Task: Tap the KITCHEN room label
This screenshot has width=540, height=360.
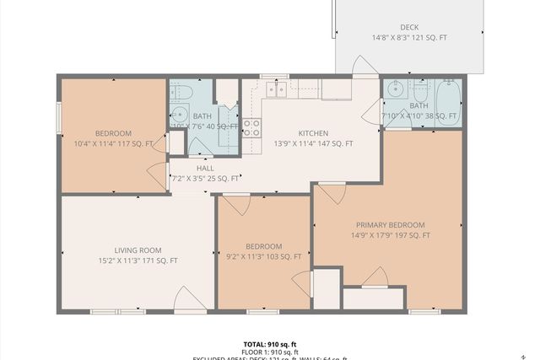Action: pos(313,133)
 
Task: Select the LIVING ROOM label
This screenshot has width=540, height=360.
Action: pos(138,250)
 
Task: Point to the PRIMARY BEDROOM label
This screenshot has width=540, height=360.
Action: pos(390,225)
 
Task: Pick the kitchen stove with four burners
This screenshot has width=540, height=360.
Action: pos(251,127)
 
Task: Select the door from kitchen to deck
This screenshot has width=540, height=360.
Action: pos(364,67)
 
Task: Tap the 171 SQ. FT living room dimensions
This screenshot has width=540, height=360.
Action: pos(138,261)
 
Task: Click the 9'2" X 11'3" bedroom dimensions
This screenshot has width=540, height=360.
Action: pos(262,256)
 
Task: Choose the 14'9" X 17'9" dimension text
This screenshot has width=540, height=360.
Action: pos(390,235)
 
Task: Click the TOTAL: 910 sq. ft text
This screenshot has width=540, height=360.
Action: pos(270,344)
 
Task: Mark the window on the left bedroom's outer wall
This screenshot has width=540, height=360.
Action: pos(58,117)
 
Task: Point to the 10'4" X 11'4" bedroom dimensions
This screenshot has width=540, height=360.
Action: pos(112,143)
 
